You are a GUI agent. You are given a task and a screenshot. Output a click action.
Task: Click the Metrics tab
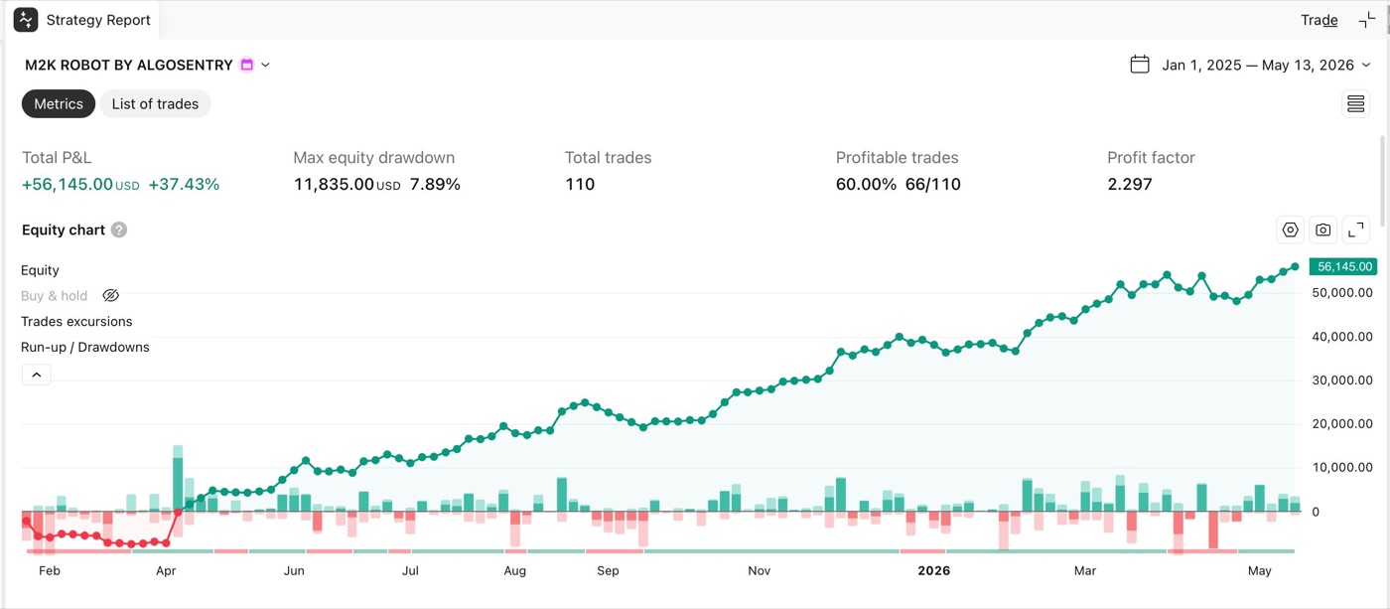[x=59, y=103]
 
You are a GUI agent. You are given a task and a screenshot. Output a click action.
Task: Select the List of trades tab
[x=155, y=103]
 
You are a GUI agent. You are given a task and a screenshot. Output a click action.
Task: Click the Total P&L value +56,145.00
[x=68, y=185]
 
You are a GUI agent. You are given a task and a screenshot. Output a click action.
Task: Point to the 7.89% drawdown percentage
[x=435, y=185]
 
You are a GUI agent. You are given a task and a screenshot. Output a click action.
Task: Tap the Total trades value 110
[x=580, y=185]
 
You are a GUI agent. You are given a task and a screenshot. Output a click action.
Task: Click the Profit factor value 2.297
[x=1130, y=185]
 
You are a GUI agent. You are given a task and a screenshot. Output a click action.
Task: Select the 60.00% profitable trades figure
[x=866, y=185]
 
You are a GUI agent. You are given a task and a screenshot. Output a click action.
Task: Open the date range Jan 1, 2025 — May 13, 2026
[x=1258, y=66]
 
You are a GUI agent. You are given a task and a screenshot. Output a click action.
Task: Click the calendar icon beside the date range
[x=1140, y=65]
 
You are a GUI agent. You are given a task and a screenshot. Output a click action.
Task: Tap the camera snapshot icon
[x=1322, y=229]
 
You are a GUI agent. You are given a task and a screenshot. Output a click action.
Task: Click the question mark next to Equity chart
[x=119, y=229]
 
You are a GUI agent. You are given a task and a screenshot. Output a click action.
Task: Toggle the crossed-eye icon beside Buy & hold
[x=110, y=295]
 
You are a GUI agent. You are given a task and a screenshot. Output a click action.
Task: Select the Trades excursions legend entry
[x=76, y=322]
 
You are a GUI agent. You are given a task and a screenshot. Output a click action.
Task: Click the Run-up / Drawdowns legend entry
[x=85, y=347]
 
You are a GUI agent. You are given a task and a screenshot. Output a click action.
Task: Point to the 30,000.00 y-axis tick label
[x=1342, y=380]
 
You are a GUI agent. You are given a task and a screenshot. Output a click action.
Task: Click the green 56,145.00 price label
[x=1342, y=266]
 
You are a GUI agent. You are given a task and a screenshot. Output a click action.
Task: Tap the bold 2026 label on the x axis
[x=934, y=570]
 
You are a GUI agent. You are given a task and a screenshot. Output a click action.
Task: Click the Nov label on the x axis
[x=759, y=570]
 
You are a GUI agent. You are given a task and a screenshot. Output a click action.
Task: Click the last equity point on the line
[x=1295, y=266]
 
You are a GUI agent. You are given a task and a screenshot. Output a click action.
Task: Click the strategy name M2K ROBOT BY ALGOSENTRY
[x=128, y=66]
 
